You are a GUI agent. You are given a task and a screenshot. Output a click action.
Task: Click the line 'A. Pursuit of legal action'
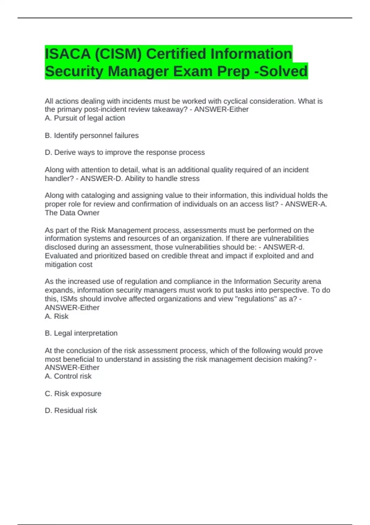85,118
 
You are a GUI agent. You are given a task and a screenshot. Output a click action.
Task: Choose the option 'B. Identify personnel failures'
92,135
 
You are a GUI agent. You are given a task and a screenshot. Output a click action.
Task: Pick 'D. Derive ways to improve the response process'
125,152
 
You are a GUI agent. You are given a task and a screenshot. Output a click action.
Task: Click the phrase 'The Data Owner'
72,213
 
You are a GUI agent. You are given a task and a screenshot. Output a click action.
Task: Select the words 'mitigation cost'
68,265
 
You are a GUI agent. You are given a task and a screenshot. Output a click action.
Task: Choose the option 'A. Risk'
56,316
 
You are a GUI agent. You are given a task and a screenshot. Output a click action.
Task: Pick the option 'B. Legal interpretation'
81,333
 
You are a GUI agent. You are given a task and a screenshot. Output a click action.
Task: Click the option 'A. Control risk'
68,376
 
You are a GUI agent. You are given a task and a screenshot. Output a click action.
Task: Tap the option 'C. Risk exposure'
73,393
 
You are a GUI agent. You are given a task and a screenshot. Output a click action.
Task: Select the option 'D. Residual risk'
71,410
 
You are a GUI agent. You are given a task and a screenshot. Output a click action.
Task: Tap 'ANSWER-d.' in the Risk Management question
284,247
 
